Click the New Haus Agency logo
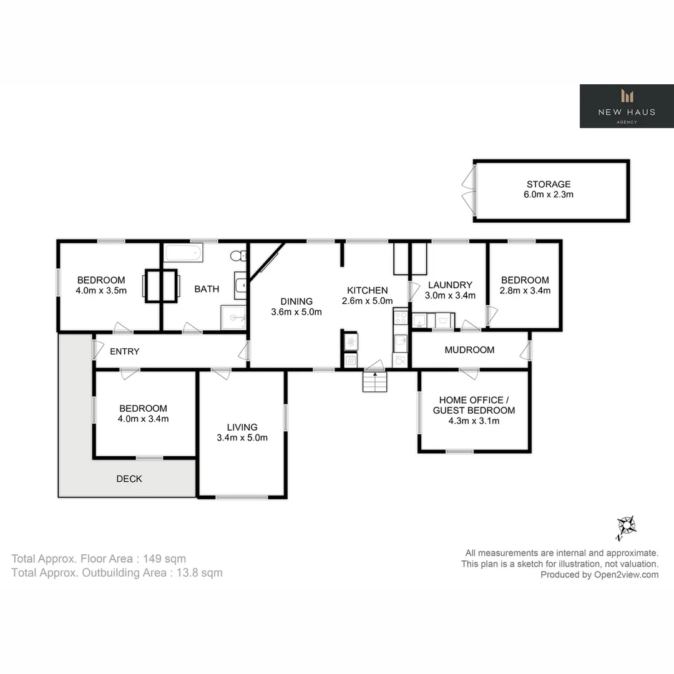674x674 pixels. coord(627,106)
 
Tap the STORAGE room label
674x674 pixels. coord(549,184)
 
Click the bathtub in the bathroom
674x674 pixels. coord(183,253)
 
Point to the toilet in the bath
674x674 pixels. coord(237,255)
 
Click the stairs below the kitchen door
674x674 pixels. coord(374,381)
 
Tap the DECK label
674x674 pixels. coord(129,479)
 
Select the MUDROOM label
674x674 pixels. coord(469,350)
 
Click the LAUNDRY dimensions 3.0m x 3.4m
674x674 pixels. coord(450,296)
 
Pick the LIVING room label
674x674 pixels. coord(242,427)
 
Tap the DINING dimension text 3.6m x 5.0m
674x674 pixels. coord(296,312)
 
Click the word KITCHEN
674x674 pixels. coord(367,290)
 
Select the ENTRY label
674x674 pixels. coord(124,351)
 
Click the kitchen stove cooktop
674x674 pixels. coord(401,318)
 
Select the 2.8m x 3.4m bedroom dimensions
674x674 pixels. coord(525,291)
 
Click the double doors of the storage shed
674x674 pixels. coord(468,190)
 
